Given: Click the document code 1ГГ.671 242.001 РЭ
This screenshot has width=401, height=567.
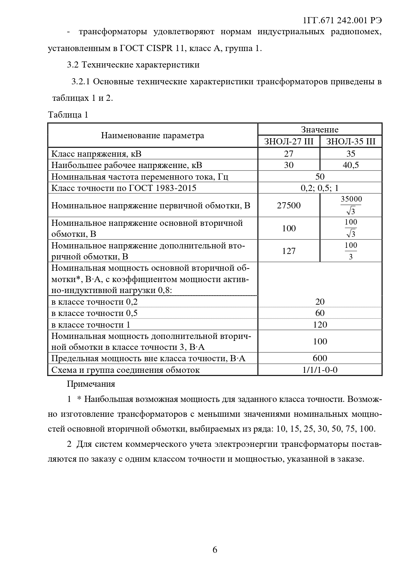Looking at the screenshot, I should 342,20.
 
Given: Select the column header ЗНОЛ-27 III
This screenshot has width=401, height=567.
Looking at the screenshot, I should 289,142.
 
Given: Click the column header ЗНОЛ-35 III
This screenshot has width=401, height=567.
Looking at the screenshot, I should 351,142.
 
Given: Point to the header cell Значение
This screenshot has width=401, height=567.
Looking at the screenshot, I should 320,130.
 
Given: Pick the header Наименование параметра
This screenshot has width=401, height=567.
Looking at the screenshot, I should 153,135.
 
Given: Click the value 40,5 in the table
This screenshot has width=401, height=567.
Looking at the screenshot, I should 351,165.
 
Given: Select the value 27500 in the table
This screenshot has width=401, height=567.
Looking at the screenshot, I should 289,205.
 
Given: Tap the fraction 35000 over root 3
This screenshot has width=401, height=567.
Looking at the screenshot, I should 351,205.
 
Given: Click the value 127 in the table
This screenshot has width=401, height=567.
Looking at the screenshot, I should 289,251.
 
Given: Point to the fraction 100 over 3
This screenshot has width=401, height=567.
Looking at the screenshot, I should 351,251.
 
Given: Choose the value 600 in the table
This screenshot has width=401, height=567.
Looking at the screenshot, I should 320,358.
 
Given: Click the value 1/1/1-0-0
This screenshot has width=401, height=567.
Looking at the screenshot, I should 320,370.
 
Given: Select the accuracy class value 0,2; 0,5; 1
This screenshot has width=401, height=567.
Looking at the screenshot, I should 320,188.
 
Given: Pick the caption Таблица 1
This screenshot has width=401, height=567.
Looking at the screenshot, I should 68,115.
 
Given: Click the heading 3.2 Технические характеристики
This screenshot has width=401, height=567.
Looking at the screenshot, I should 133,65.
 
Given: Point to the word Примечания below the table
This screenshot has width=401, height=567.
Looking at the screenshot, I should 91,384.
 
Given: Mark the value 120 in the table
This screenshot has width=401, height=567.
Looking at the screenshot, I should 320,325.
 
